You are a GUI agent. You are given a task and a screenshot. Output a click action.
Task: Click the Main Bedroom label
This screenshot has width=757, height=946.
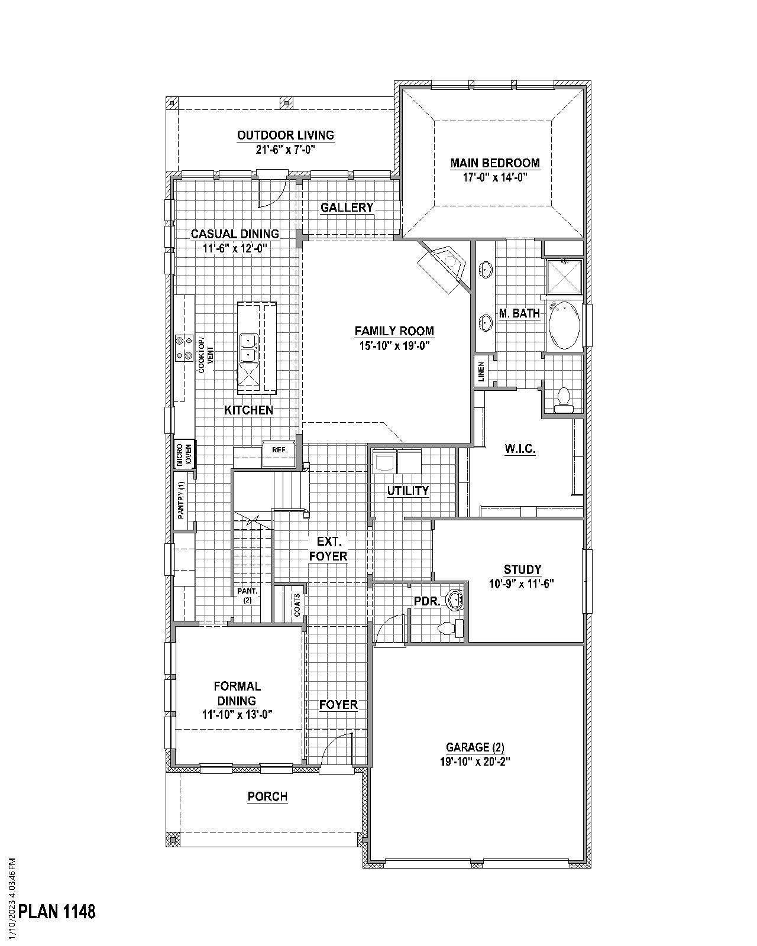click(495, 163)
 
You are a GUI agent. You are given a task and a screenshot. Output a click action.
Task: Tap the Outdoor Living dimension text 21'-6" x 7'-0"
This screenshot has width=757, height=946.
click(285, 150)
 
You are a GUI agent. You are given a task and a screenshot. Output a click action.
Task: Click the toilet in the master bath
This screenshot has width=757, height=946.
click(563, 400)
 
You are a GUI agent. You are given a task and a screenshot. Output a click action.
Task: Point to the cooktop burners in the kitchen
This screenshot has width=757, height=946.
click(184, 348)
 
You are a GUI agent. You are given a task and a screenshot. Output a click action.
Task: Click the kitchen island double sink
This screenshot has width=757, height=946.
click(248, 348)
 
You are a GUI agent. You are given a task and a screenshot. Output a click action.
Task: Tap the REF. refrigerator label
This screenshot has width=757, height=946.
click(279, 450)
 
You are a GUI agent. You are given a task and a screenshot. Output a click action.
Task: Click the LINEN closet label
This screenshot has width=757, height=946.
click(481, 372)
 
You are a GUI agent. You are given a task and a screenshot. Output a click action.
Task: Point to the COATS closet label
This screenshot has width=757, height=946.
click(297, 604)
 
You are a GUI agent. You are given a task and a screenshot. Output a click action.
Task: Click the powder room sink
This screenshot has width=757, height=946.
click(455, 598)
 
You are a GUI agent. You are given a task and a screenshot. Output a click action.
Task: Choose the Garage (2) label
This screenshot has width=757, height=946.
click(475, 747)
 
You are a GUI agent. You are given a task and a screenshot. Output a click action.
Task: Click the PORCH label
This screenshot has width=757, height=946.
click(267, 796)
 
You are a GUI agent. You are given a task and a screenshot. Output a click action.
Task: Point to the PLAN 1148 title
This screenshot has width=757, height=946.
click(57, 911)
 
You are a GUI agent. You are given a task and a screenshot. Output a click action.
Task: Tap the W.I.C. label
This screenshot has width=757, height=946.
click(520, 449)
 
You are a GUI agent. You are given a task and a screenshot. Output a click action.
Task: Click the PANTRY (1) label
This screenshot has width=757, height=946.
click(182, 500)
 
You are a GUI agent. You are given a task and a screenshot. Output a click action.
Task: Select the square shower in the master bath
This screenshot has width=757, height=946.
click(564, 277)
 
